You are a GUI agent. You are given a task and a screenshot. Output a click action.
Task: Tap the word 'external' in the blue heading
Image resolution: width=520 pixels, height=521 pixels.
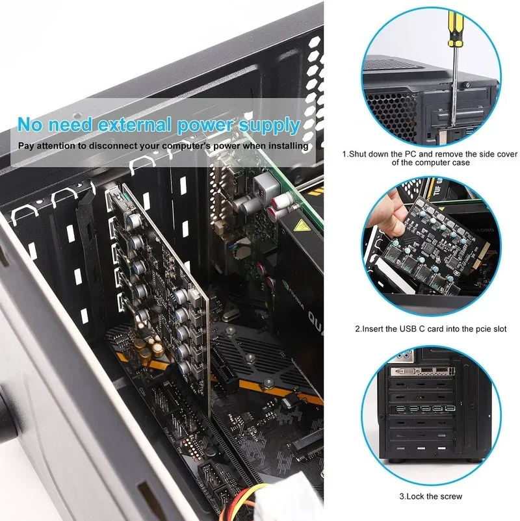(133, 124)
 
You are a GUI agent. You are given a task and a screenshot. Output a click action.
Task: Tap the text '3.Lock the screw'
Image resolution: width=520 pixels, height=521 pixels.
(430, 496)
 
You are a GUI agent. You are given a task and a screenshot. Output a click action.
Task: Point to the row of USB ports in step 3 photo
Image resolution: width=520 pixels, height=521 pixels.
(422, 409)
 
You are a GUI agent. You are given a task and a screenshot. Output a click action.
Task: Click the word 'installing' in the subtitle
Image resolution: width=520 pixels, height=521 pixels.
(285, 146)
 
